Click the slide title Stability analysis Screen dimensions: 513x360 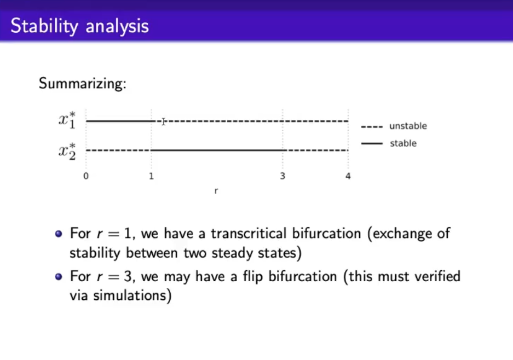80,26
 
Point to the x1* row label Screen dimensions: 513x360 67,120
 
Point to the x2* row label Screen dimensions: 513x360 67,151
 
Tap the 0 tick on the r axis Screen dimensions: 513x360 86,176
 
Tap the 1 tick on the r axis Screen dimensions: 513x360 152,176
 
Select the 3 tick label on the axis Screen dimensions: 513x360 283,176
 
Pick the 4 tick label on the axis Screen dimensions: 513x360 348,176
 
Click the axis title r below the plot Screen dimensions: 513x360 216,191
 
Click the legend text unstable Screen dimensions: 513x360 408,126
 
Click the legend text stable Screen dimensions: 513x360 403,143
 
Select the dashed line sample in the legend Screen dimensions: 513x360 372,126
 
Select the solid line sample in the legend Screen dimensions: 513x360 372,143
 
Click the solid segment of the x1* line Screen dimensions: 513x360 121,121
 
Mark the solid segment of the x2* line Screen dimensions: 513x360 218,150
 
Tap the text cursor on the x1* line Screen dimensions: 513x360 163,121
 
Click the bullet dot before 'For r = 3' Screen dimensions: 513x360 59,277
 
